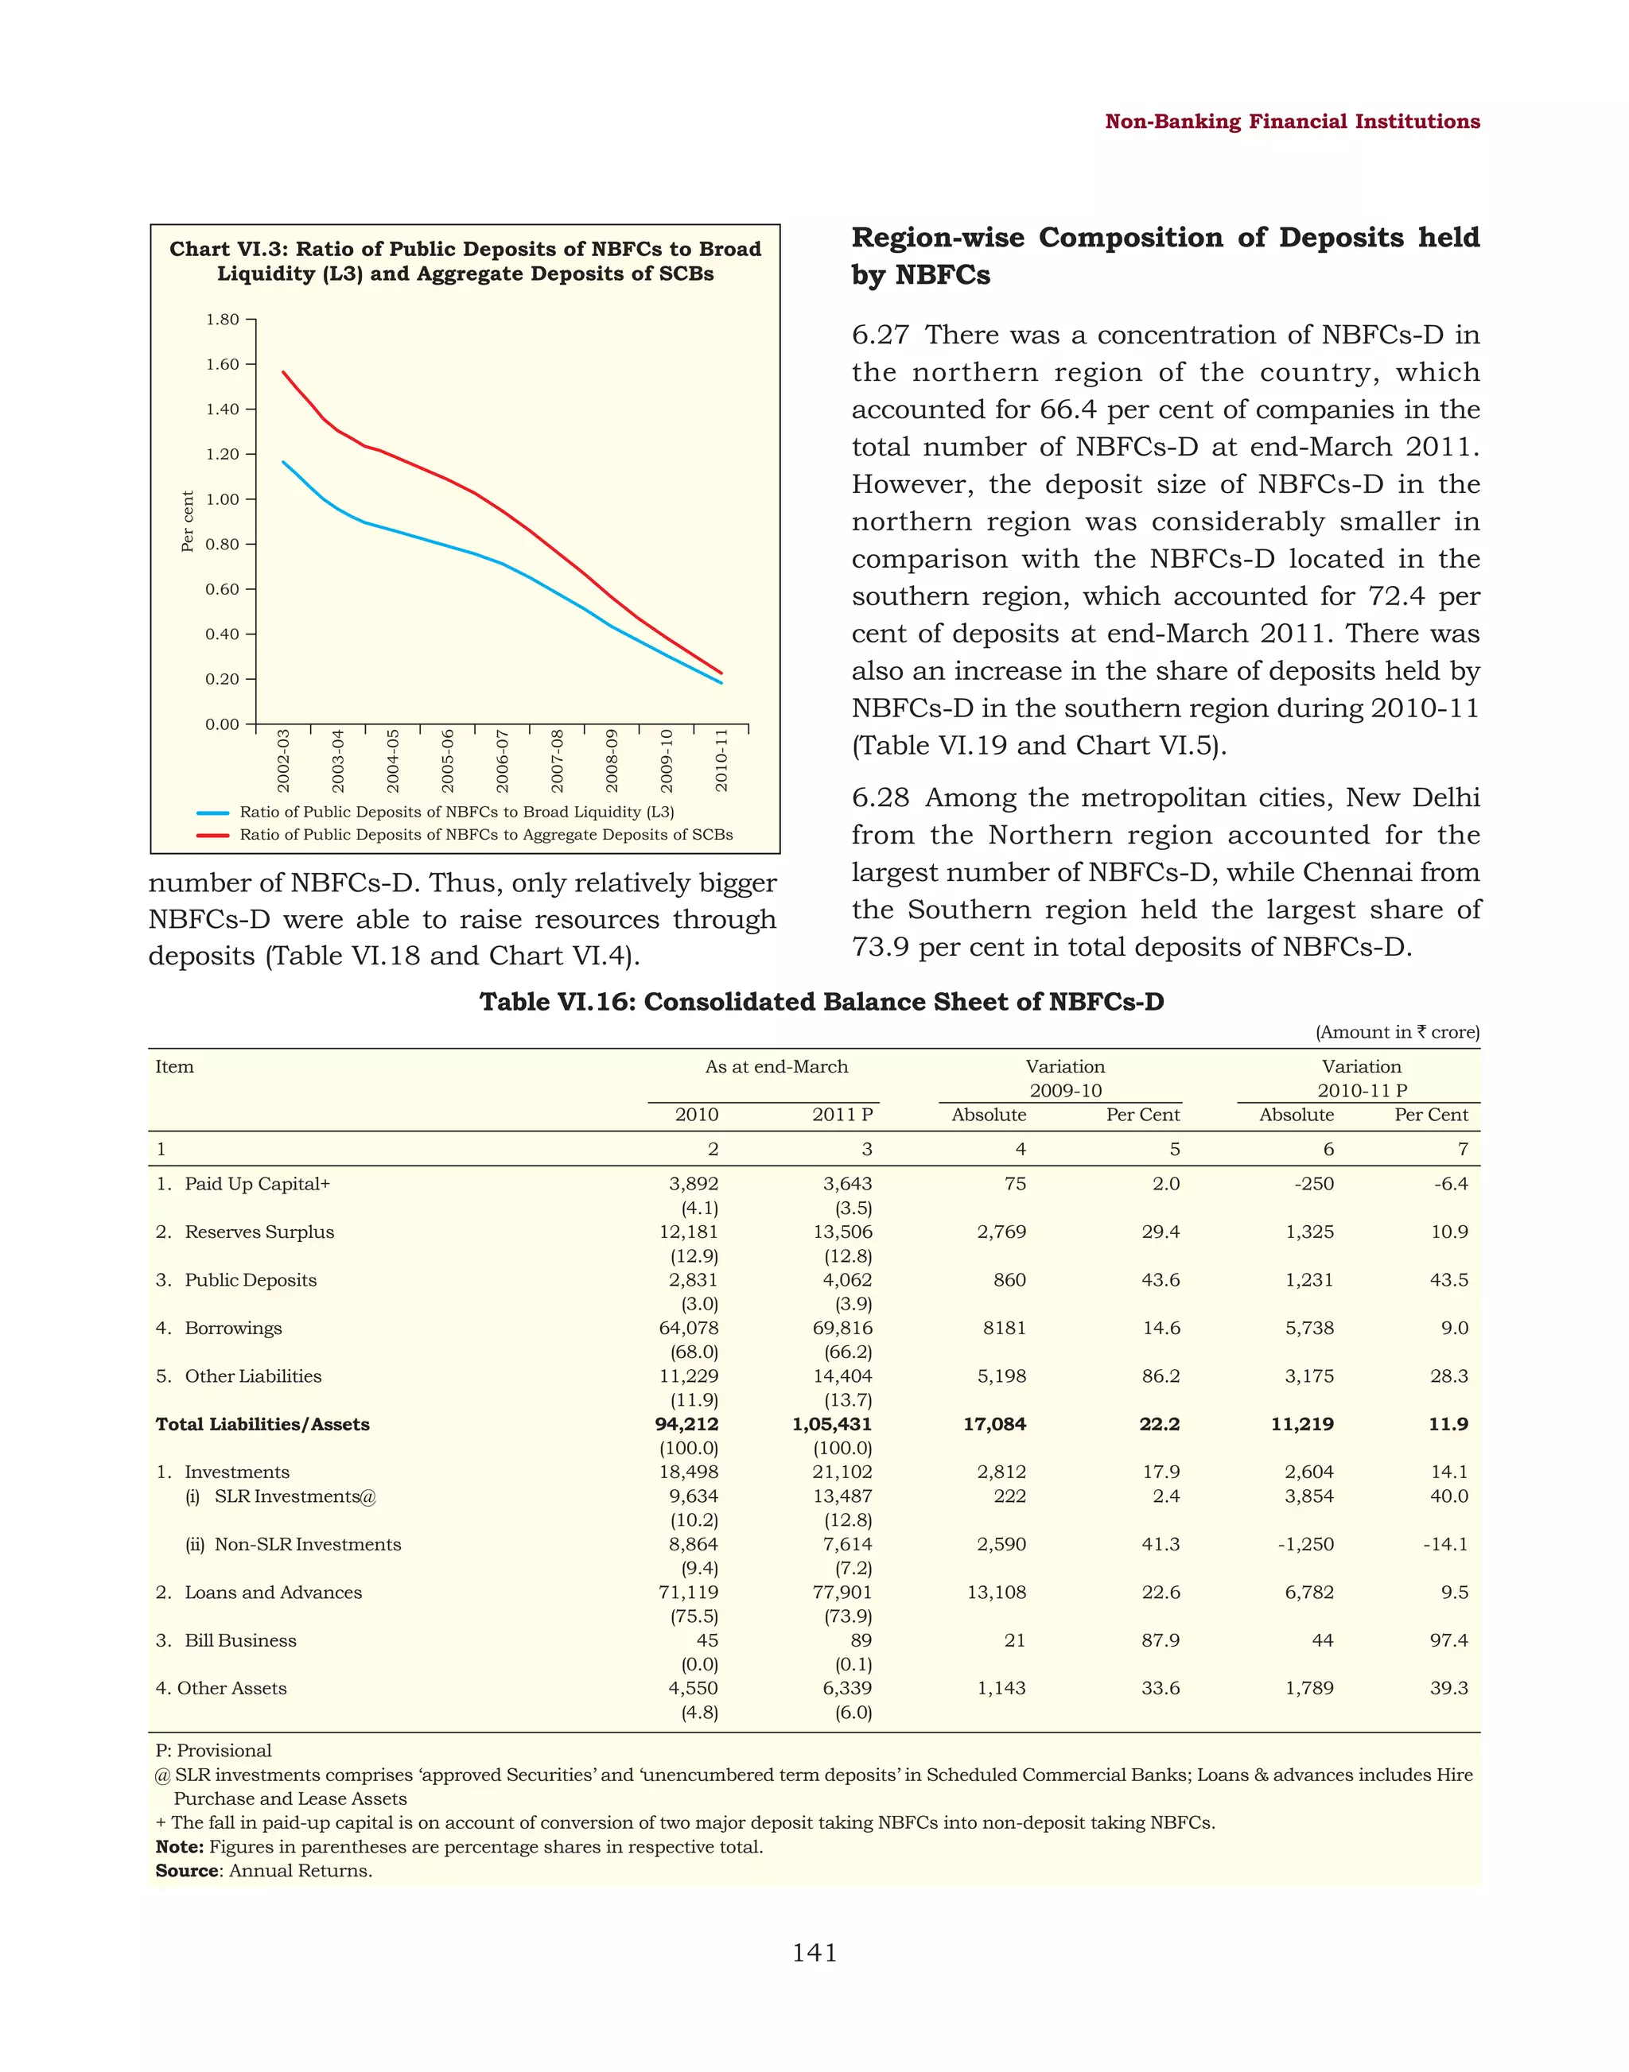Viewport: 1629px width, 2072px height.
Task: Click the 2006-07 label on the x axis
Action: coord(503,760)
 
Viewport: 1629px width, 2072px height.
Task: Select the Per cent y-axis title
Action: coord(188,521)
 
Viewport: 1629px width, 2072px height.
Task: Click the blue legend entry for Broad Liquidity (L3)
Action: coord(456,812)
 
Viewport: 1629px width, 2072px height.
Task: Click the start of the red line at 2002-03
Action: coord(283,373)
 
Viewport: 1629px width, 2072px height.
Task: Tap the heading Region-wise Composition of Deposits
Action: coord(1164,254)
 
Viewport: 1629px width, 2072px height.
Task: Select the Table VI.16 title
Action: coord(821,1001)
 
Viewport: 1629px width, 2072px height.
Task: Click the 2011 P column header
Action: coord(842,1115)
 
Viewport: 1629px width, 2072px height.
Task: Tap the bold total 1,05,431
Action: coord(832,1424)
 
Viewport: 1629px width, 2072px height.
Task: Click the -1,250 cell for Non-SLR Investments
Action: coord(1306,1544)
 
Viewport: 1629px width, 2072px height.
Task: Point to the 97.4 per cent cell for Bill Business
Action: coord(1448,1640)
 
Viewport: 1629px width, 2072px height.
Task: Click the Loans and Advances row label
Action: coord(273,1592)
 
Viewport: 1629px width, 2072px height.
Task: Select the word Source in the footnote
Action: coord(187,1870)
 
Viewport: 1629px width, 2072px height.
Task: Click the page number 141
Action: coord(814,1953)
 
